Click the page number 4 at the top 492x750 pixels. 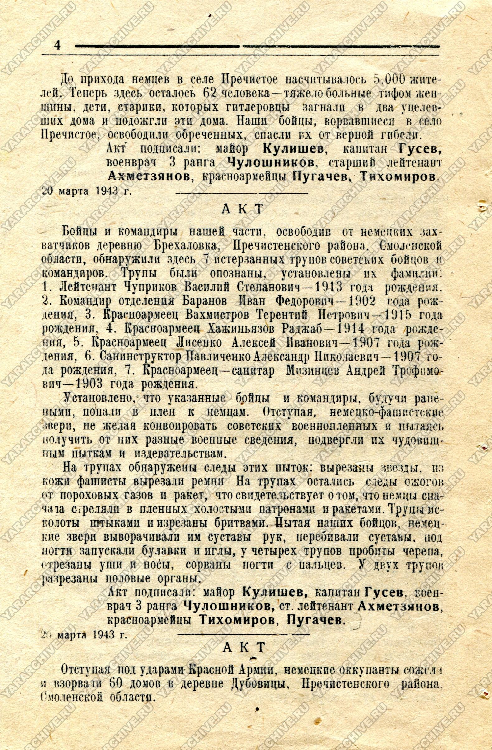[57, 46]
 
